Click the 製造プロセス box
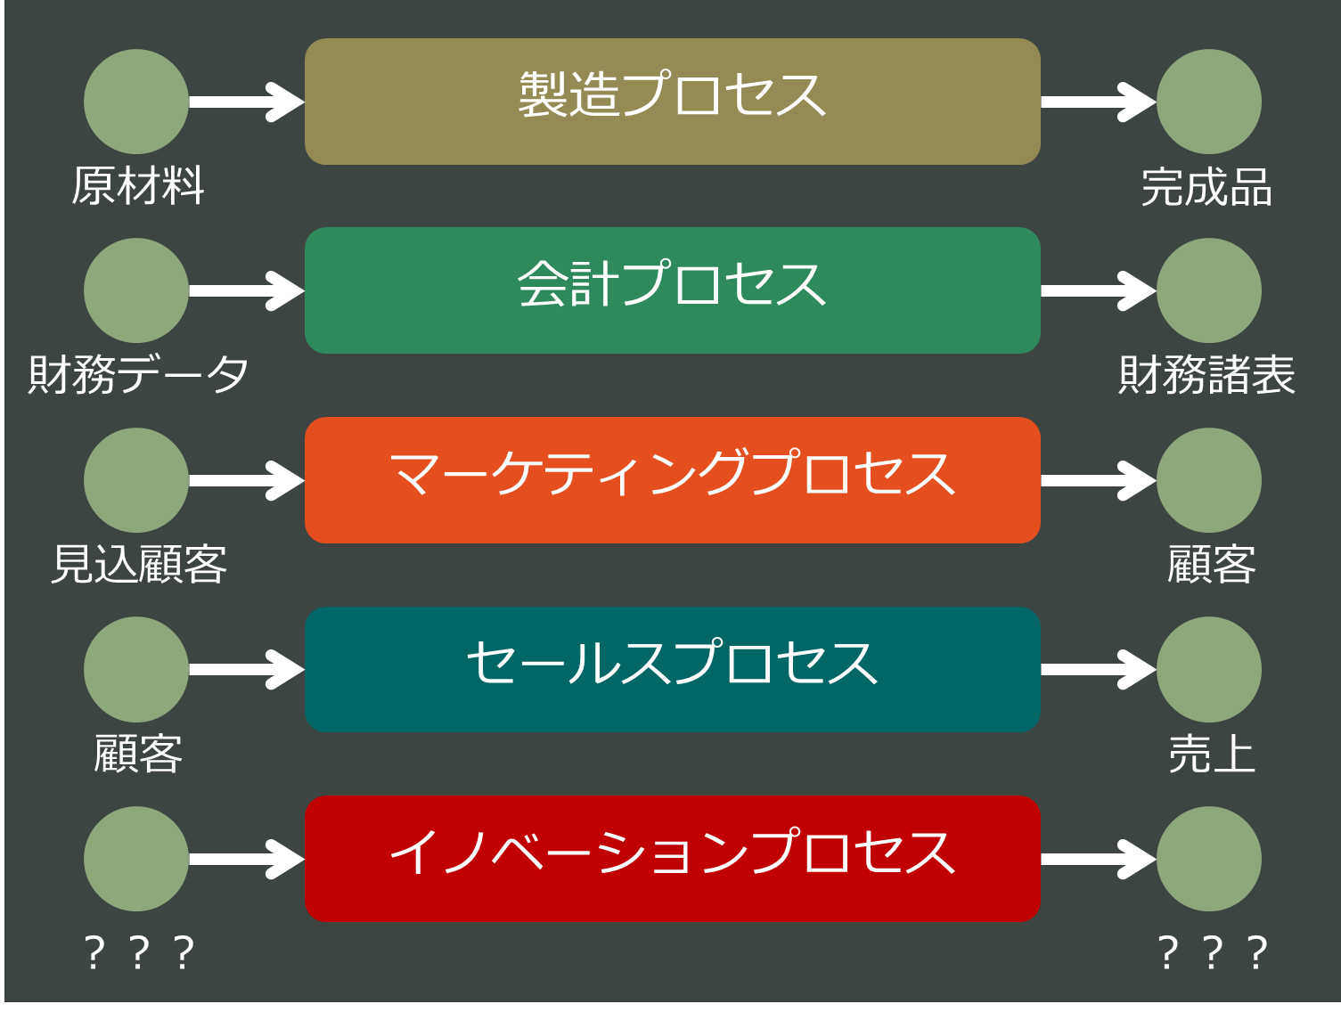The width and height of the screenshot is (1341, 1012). [x=672, y=102]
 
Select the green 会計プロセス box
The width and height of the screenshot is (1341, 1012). [x=672, y=290]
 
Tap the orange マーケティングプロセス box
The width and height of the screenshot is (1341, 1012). [x=672, y=480]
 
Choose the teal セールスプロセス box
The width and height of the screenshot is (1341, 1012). [x=672, y=670]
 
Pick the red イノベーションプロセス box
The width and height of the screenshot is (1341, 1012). [x=672, y=859]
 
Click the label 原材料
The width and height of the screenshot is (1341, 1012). [x=138, y=186]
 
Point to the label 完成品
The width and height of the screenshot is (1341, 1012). [x=1206, y=188]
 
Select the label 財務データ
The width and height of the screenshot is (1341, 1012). [x=138, y=374]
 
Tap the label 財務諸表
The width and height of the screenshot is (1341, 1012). [x=1206, y=375]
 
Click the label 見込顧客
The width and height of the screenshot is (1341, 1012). [x=139, y=565]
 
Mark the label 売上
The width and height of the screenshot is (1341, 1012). [x=1211, y=755]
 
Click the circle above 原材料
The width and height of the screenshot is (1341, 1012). [x=136, y=102]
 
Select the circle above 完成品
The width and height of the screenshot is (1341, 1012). [x=1208, y=102]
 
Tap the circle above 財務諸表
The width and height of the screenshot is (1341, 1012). [x=1208, y=290]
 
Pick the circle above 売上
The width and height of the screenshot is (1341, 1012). [x=1208, y=670]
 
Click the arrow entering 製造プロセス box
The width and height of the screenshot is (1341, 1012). [x=246, y=102]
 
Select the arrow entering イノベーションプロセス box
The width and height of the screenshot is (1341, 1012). [x=246, y=859]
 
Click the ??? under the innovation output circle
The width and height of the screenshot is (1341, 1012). [x=1212, y=952]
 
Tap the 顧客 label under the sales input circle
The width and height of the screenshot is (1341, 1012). [x=138, y=755]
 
